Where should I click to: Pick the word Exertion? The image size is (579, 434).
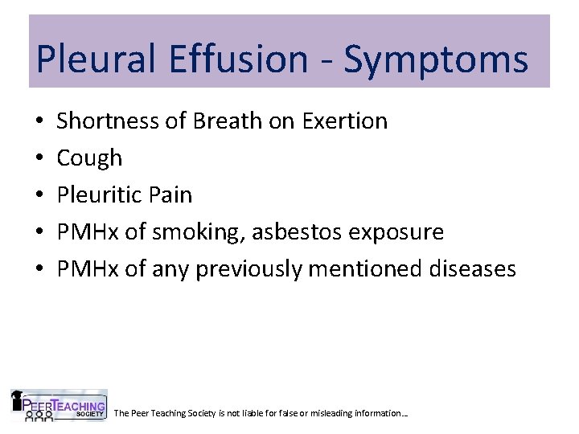(345, 121)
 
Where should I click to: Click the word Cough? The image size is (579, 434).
(89, 158)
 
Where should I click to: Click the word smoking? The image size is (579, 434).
(199, 232)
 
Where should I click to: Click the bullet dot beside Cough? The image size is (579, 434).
(39, 158)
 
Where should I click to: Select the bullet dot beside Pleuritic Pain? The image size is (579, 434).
(39, 195)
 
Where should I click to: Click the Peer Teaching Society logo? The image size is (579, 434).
(58, 405)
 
